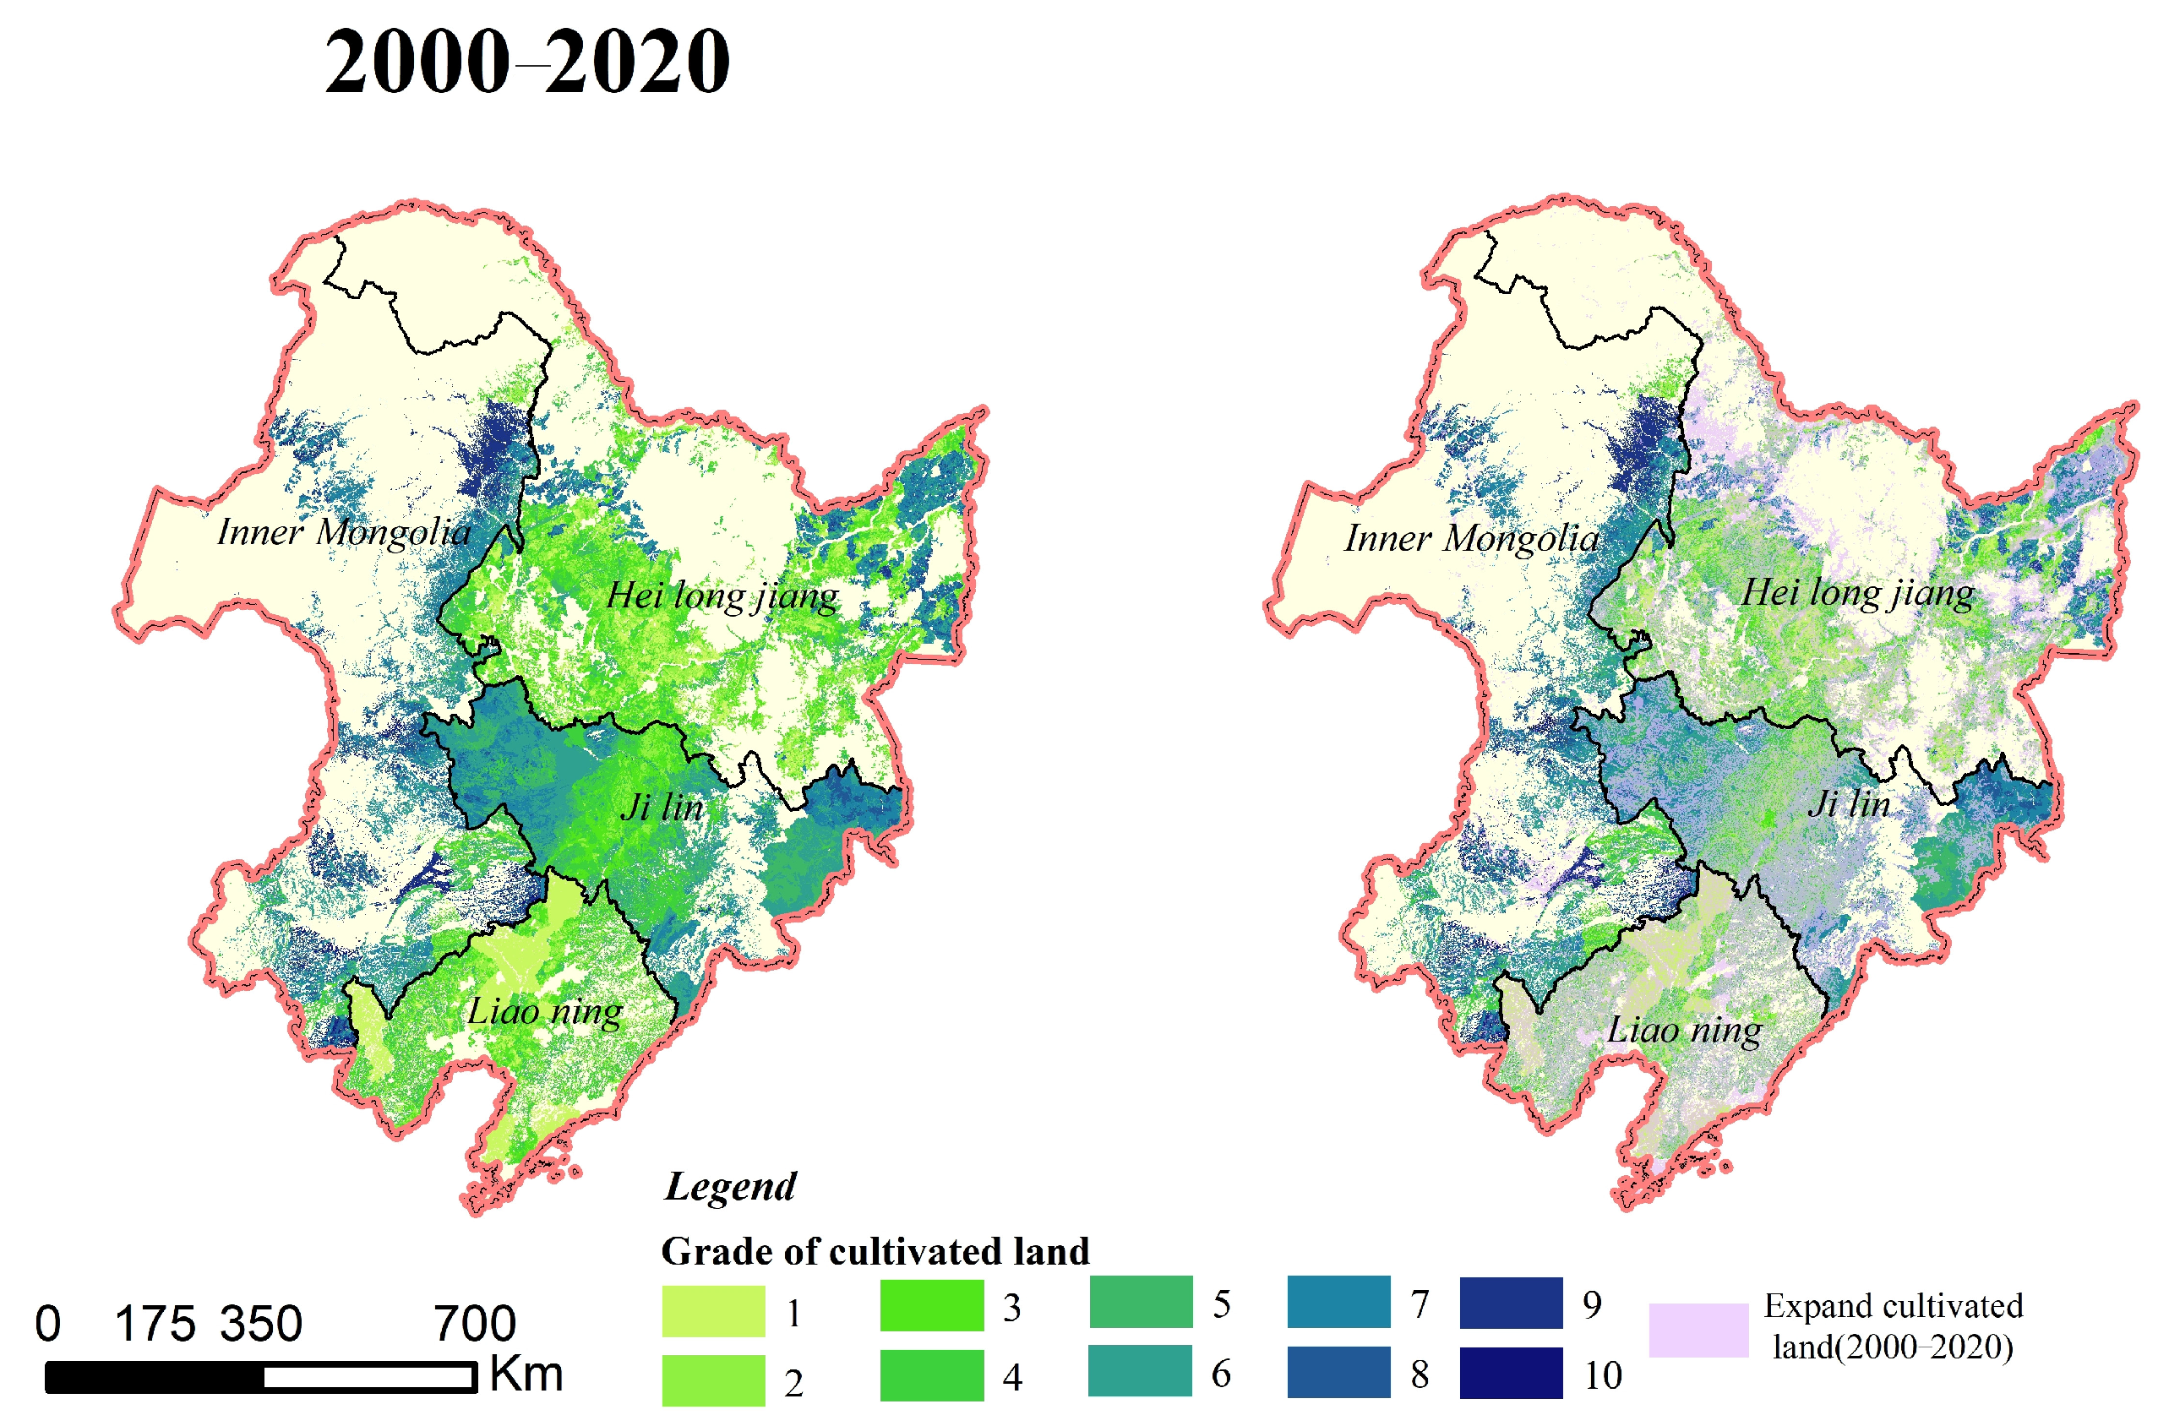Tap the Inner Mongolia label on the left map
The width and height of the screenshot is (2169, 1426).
(x=344, y=532)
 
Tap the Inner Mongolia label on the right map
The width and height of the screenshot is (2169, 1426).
(x=1471, y=538)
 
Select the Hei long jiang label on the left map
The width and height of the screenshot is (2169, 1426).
(x=722, y=596)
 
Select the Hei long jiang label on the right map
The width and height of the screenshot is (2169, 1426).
(x=1857, y=593)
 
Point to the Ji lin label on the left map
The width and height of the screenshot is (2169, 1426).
(x=662, y=808)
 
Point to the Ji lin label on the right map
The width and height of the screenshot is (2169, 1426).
(x=1848, y=803)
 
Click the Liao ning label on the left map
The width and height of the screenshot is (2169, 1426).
(x=545, y=1011)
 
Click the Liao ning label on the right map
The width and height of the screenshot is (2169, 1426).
(x=1684, y=1031)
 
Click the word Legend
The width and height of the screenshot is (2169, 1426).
(x=730, y=1186)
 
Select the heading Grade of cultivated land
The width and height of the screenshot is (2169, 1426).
(x=875, y=1252)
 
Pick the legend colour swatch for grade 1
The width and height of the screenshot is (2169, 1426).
(x=714, y=1311)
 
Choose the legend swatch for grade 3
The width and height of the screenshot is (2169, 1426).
(x=931, y=1306)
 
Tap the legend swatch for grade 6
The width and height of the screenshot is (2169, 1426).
(x=1139, y=1371)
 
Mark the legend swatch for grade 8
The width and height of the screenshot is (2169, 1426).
(x=1338, y=1372)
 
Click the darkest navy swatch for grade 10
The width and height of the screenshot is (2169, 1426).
(x=1510, y=1373)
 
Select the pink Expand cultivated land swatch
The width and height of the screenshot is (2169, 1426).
(x=1698, y=1331)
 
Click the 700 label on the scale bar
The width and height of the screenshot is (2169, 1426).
(x=474, y=1324)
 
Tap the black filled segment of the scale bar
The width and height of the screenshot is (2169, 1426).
(x=155, y=1377)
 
